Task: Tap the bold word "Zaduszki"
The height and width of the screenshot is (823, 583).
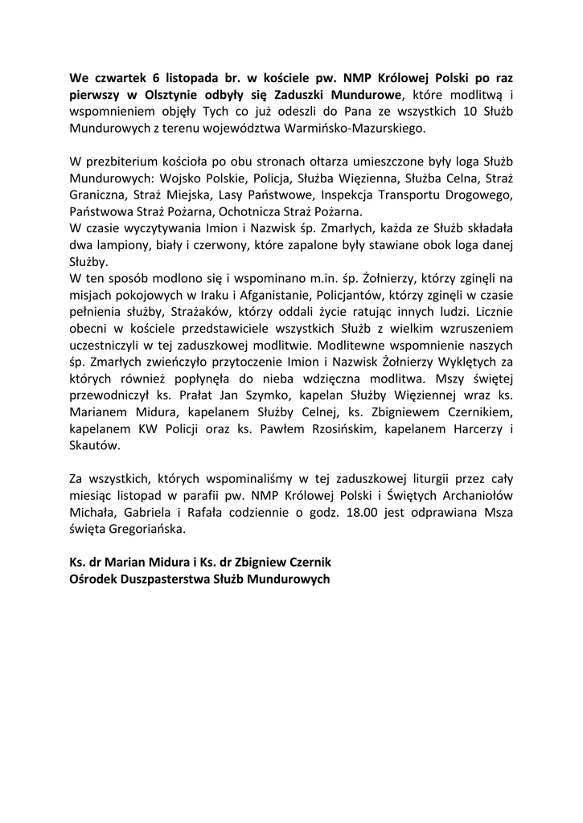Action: tap(285, 96)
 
